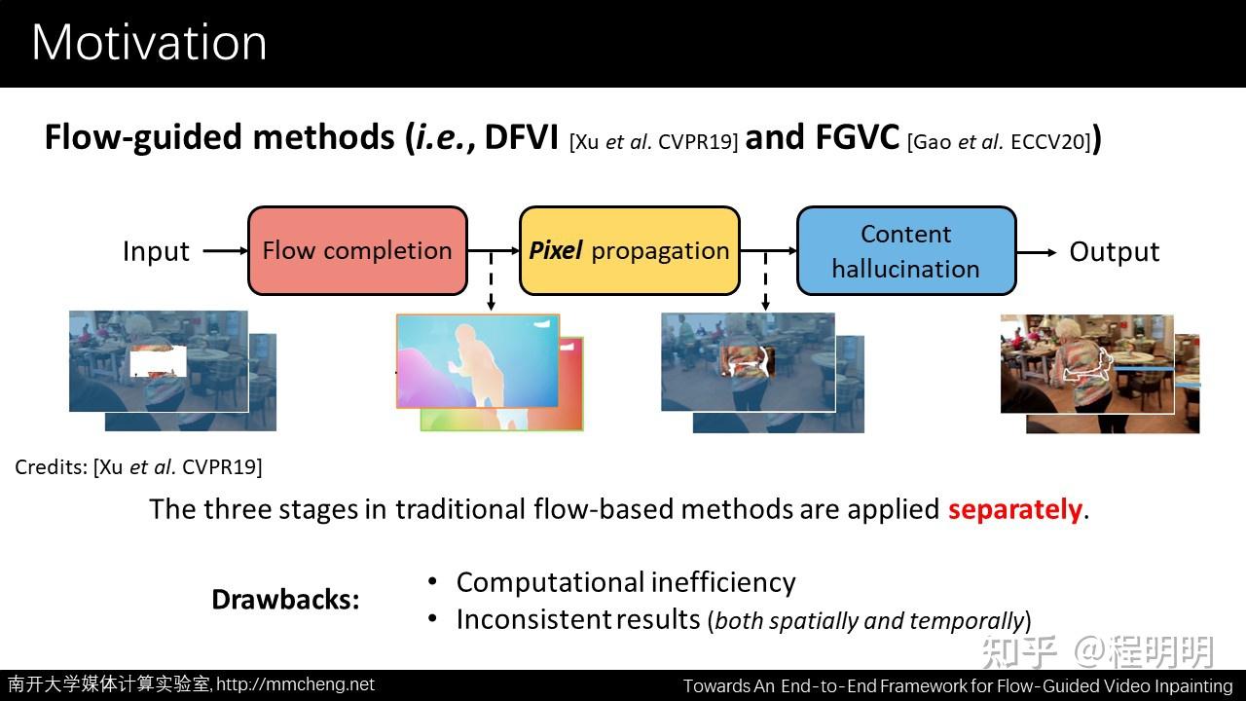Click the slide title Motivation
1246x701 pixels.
(149, 43)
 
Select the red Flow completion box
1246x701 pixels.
(357, 251)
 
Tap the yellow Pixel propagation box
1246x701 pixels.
(629, 251)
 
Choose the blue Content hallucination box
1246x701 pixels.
(905, 251)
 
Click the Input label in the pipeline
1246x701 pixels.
(156, 251)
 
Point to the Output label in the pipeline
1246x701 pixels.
(1114, 252)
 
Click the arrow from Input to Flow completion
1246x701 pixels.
(225, 251)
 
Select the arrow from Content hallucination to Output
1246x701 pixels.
(1037, 252)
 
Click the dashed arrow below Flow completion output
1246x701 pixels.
(491, 282)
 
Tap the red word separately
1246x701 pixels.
(1014, 509)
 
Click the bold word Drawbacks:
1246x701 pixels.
(285, 600)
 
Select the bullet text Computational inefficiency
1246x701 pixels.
(626, 582)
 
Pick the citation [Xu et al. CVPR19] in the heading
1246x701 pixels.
(653, 141)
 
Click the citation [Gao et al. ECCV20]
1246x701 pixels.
(999, 141)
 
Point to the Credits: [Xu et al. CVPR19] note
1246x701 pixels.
(138, 466)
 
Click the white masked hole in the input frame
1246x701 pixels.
(158, 363)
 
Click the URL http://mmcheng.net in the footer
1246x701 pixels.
(295, 684)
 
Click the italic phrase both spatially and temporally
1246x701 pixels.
(869, 620)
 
